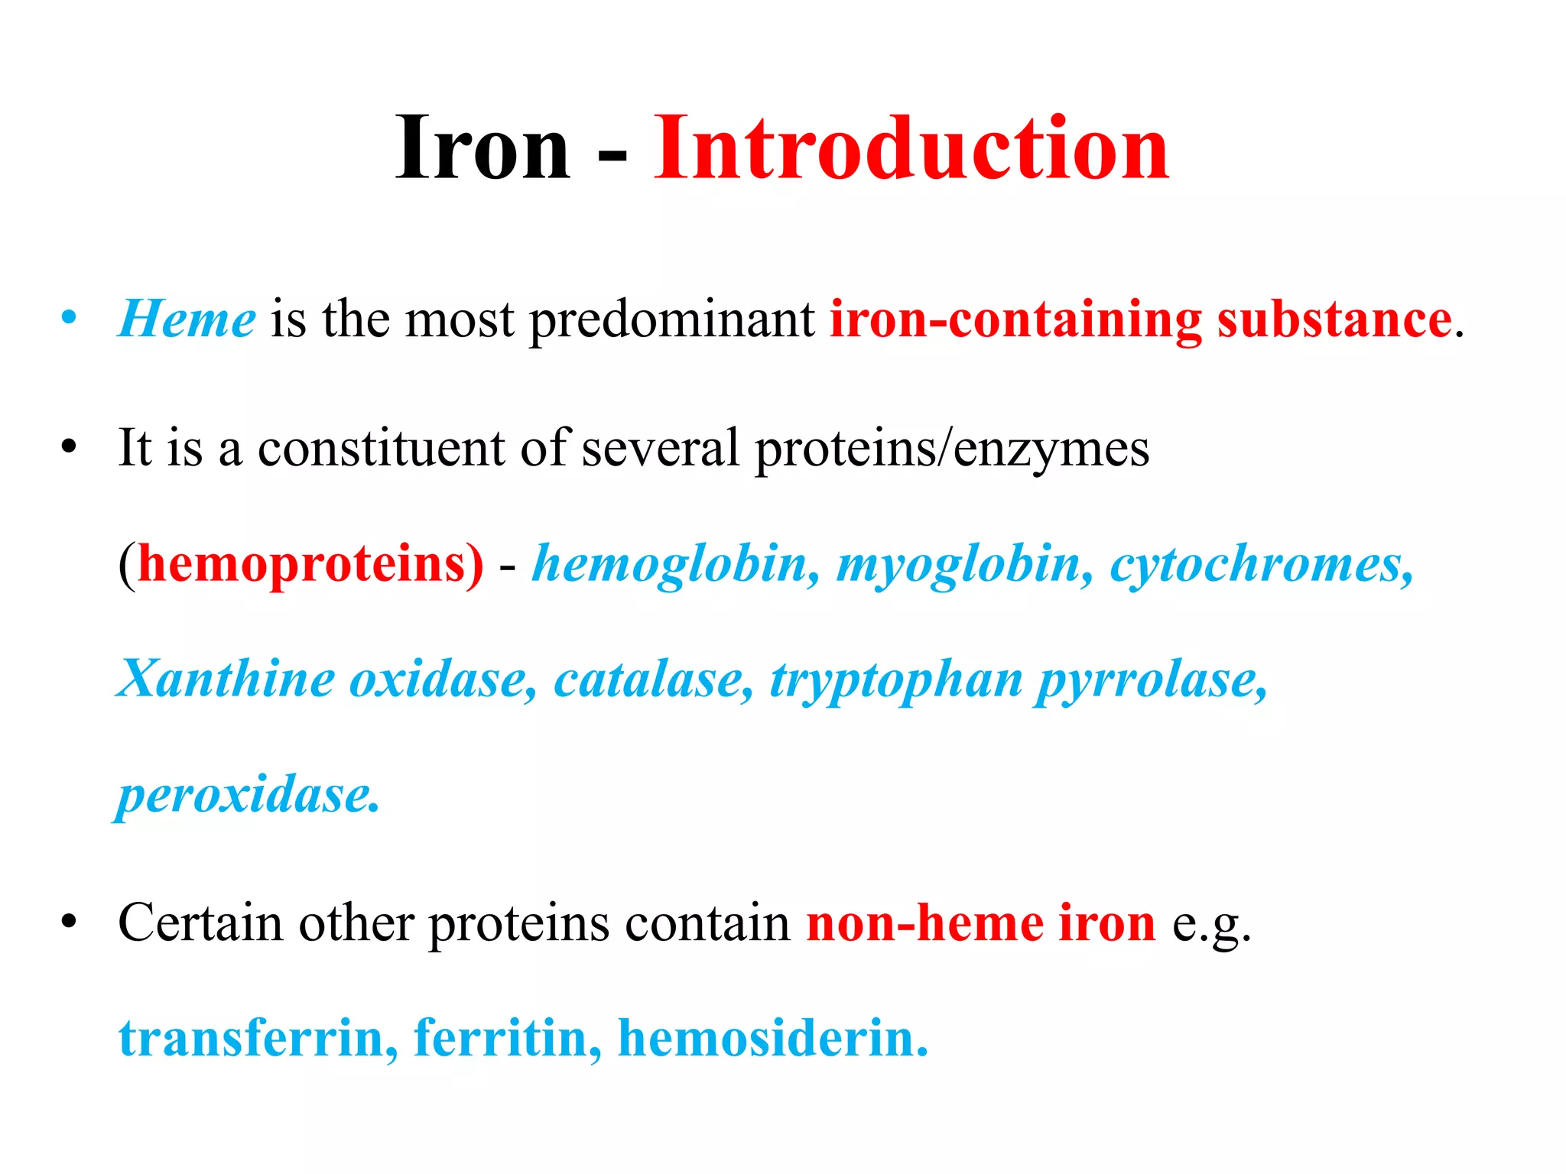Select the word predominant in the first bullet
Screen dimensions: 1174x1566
click(x=672, y=319)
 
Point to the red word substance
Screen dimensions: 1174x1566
click(x=1334, y=319)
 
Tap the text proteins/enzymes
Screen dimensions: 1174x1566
click(x=952, y=449)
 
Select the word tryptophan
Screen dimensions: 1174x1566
click(x=895, y=680)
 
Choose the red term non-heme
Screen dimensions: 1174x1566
click(x=924, y=923)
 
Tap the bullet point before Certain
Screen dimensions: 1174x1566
click(x=70, y=922)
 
